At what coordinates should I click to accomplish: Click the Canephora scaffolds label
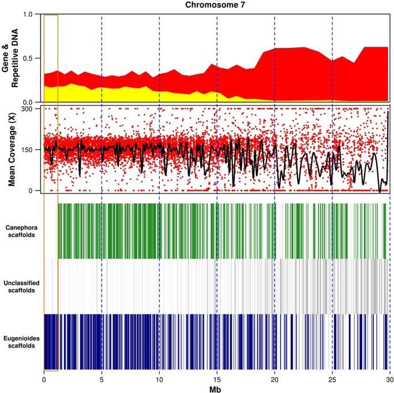[21, 231]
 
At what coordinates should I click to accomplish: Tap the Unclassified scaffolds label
[21, 286]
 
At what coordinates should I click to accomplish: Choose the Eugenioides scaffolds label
[21, 342]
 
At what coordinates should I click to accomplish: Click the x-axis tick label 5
[102, 380]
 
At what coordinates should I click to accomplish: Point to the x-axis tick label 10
[159, 380]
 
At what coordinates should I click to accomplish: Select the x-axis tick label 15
[217, 380]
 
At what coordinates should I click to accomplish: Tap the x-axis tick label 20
[275, 380]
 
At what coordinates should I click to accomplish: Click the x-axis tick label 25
[332, 380]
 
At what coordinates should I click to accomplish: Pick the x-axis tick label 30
[389, 380]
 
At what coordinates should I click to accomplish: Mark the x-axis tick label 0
[44, 380]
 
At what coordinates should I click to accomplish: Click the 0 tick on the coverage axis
[36, 190]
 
